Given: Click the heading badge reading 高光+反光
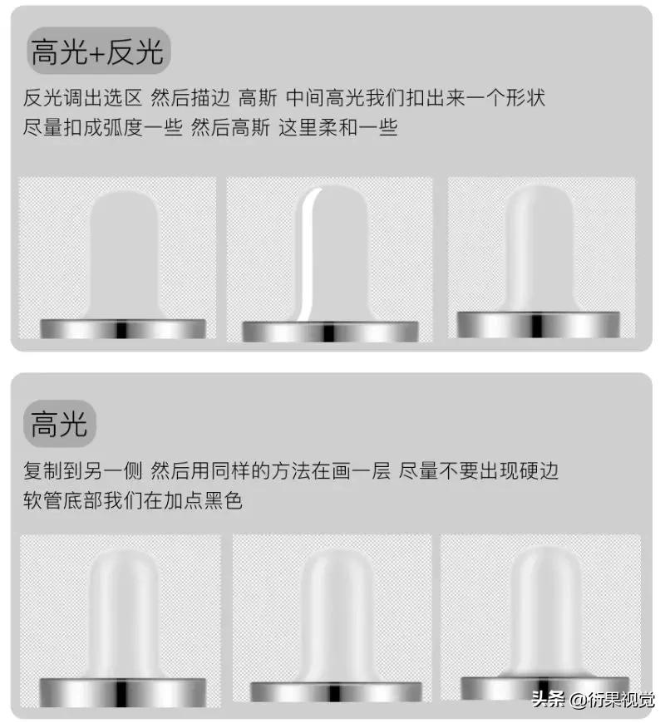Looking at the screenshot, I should pyautogui.click(x=96, y=52).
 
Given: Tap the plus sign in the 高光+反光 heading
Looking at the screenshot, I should pyautogui.click(x=96, y=54).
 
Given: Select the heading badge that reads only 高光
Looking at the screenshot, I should pyautogui.click(x=59, y=425).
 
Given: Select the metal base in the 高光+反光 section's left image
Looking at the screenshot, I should pyautogui.click(x=123, y=328).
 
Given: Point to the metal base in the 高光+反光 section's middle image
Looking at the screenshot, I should pyautogui.click(x=330, y=332).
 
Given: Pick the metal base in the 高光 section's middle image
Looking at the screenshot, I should pyautogui.click(x=333, y=692).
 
